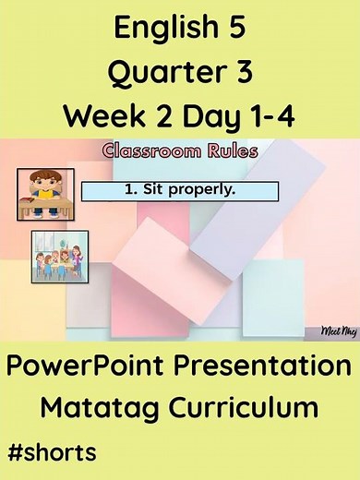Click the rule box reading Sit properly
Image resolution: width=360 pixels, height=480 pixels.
180,191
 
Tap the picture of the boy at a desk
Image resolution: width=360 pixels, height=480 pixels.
45,192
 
